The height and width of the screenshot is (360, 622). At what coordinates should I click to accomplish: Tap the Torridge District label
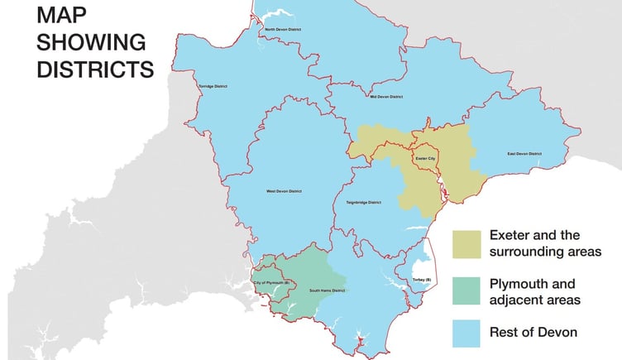tap(213, 86)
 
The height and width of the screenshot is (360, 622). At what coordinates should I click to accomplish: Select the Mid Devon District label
tap(386, 97)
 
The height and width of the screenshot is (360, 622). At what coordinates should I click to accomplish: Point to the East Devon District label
tap(524, 153)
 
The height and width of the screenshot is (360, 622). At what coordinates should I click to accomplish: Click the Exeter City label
tap(425, 156)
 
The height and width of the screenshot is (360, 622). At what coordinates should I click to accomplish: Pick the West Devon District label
tap(282, 191)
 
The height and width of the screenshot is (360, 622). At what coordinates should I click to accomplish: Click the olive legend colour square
tap(466, 243)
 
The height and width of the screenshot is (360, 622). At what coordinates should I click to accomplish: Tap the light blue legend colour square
tap(466, 331)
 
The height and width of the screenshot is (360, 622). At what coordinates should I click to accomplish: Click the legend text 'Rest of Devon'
tap(533, 332)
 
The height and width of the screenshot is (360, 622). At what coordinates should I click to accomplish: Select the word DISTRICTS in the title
tap(95, 69)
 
